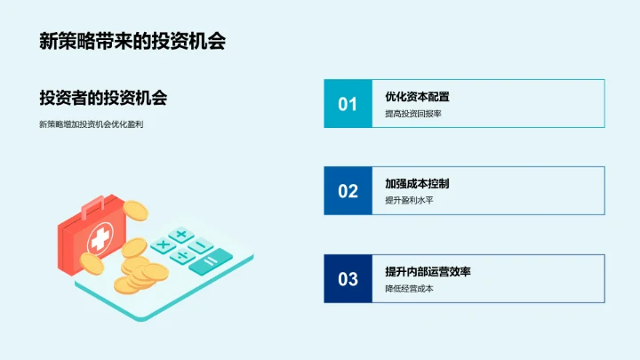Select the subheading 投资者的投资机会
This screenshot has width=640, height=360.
point(103,98)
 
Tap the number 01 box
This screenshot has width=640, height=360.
point(348,104)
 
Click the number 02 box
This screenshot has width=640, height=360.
point(348,190)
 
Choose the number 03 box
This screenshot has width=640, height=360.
point(348,278)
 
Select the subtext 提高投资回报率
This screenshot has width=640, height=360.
point(412,114)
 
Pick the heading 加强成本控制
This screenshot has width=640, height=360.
point(417,183)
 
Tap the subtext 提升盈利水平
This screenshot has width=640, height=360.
point(409,200)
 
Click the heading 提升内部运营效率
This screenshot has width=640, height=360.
point(428,271)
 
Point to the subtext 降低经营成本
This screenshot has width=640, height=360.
point(409,288)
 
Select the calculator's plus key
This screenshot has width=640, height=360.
point(180,235)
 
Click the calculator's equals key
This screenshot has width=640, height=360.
point(210,260)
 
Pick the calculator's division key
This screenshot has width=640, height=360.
point(185,256)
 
